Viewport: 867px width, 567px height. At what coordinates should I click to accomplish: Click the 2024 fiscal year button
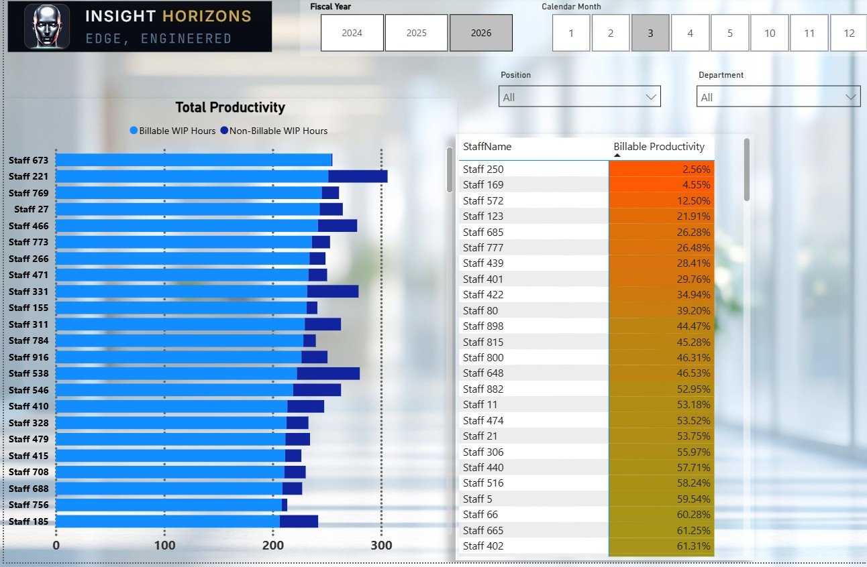pyautogui.click(x=352, y=33)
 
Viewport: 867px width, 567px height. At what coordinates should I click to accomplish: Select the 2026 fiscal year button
pyautogui.click(x=481, y=33)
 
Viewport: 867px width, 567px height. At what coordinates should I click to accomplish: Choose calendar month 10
pyautogui.click(x=770, y=33)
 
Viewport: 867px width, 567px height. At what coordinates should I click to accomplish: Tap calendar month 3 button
pyautogui.click(x=650, y=33)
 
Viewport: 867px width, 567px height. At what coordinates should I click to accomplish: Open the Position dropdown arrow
pyautogui.click(x=651, y=97)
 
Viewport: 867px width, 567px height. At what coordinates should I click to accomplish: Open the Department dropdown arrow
pyautogui.click(x=850, y=97)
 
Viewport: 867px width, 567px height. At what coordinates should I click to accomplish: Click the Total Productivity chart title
pyautogui.click(x=230, y=107)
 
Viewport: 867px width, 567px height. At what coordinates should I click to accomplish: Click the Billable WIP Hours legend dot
pyautogui.click(x=134, y=130)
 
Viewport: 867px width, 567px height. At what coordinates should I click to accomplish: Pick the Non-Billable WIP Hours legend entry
pyautogui.click(x=274, y=131)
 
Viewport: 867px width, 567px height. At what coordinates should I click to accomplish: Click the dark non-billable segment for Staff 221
pyautogui.click(x=358, y=176)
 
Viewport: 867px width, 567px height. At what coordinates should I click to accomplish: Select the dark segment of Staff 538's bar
pyautogui.click(x=328, y=373)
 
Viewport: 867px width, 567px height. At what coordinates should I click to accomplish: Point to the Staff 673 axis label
pyautogui.click(x=28, y=160)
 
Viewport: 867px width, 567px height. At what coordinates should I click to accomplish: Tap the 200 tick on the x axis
pyautogui.click(x=273, y=546)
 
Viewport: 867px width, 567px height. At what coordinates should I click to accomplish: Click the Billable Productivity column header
pyautogui.click(x=659, y=147)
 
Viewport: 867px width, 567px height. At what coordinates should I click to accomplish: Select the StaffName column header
pyautogui.click(x=487, y=147)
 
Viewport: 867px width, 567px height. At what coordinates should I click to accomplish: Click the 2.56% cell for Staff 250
pyautogui.click(x=662, y=169)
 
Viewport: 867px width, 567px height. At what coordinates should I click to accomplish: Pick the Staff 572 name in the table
pyautogui.click(x=483, y=200)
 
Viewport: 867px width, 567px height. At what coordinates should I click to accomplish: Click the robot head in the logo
pyautogui.click(x=47, y=26)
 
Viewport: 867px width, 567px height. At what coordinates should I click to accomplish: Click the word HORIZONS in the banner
pyautogui.click(x=207, y=16)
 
